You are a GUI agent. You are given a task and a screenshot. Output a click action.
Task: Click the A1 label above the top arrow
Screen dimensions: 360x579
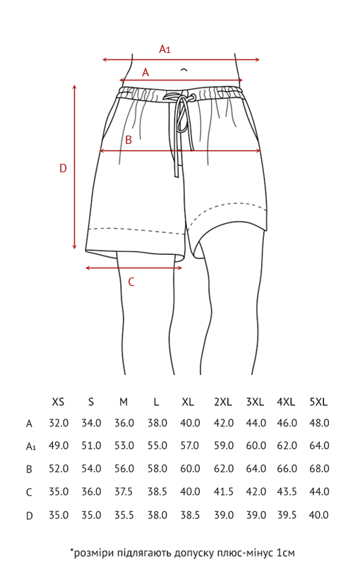click(164, 49)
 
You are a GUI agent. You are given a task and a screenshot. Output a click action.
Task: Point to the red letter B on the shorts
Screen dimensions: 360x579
click(128, 140)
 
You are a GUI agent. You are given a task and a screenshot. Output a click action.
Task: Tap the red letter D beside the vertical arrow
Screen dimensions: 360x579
click(63, 168)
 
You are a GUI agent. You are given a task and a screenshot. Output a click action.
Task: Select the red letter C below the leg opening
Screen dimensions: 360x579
click(131, 282)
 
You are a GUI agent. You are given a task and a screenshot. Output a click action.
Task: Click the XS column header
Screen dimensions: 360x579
click(59, 402)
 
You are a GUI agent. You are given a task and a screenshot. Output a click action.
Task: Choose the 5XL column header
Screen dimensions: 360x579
click(318, 402)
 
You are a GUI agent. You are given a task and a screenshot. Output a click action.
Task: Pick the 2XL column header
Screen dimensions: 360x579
click(223, 402)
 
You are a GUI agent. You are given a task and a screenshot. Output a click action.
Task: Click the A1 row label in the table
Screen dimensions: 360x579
click(31, 446)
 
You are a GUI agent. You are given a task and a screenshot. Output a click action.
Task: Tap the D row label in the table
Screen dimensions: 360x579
click(30, 515)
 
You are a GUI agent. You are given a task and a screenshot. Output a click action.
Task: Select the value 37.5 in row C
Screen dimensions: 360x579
click(124, 492)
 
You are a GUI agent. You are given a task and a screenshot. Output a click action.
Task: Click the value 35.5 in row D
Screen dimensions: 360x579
click(124, 515)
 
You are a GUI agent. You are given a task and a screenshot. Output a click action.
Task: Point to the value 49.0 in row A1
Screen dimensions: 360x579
click(59, 446)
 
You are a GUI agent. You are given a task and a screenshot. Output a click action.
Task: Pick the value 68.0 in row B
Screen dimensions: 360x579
click(319, 469)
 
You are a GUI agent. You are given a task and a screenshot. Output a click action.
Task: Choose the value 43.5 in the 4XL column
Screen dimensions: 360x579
click(287, 492)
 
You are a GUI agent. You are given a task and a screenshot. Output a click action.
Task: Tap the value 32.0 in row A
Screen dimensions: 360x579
click(59, 423)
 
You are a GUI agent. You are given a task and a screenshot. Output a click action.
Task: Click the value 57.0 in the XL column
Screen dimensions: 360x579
click(190, 446)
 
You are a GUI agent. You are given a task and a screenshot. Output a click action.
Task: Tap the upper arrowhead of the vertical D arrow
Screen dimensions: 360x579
click(75, 87)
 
